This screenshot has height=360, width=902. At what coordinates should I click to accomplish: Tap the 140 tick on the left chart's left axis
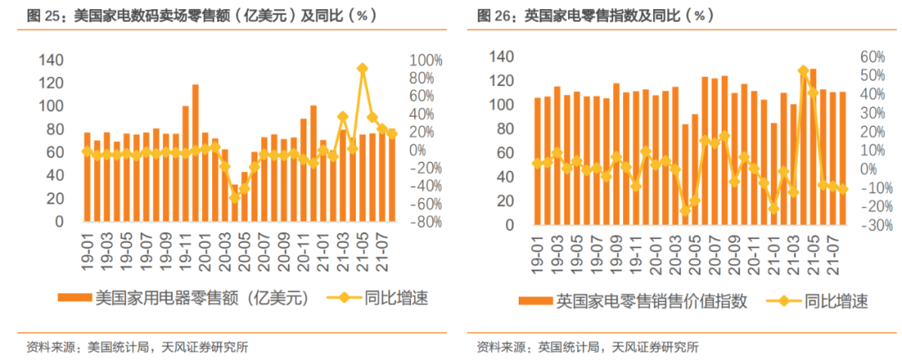click(52, 60)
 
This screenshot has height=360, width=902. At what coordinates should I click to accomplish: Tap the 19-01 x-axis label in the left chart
click(87, 248)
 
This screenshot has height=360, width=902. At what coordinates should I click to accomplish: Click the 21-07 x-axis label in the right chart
click(833, 248)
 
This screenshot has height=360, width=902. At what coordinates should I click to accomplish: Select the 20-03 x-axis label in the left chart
click(224, 248)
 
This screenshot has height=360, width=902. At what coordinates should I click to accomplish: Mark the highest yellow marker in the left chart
click(362, 69)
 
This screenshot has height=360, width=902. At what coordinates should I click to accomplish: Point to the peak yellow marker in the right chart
click(803, 71)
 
